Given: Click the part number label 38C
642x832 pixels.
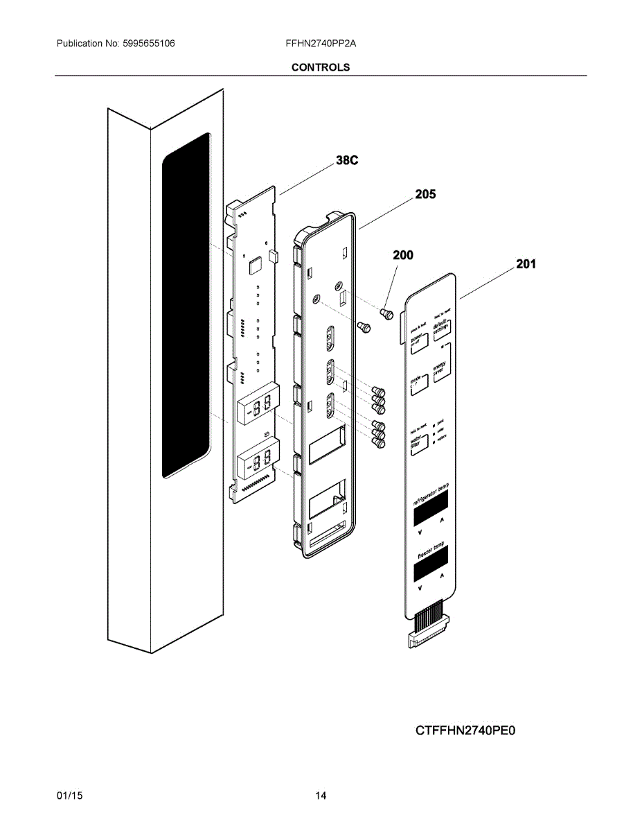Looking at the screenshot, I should tap(346, 161).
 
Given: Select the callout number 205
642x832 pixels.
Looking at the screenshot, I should tap(425, 195).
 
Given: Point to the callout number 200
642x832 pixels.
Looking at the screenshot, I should tap(402, 255).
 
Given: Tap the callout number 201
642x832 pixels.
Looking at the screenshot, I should tap(525, 263).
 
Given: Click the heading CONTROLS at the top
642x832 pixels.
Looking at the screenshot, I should tap(321, 67).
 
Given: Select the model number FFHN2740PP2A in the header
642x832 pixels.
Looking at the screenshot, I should tap(321, 43).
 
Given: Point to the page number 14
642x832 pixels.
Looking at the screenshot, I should tap(321, 796).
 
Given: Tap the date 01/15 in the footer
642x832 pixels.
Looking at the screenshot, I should tap(69, 796).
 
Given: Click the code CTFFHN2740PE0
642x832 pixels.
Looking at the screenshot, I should tap(466, 730).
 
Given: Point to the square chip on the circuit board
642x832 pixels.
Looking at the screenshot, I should tap(254, 264).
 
